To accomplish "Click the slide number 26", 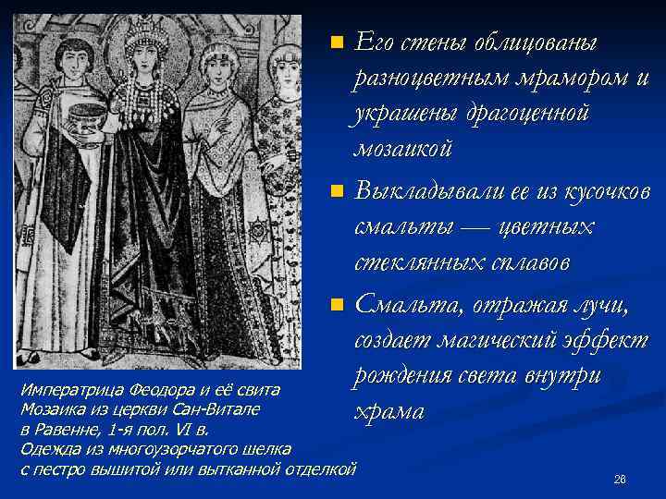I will (x=620, y=480).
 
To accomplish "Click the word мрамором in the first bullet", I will (x=545, y=79).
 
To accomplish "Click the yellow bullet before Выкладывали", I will (x=338, y=192).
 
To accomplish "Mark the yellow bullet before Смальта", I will (x=338, y=304).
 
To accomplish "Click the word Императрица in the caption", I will (x=72, y=390).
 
